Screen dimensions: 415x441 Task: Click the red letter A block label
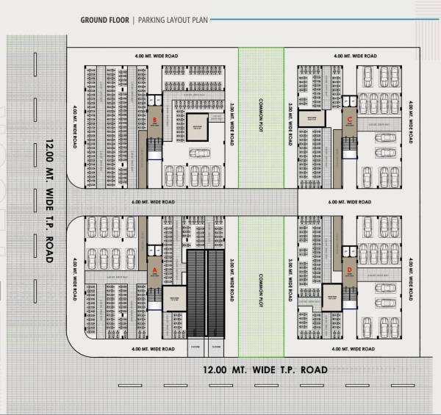[x=154, y=270]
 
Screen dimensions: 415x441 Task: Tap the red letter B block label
[x=154, y=119]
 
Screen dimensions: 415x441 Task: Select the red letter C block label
[x=350, y=119]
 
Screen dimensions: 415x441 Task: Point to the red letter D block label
[x=350, y=270]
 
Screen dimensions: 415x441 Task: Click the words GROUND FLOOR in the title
[x=104, y=20]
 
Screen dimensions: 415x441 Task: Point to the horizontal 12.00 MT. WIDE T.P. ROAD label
[x=265, y=369]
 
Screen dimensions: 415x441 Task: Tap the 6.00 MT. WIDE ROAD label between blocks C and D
[x=355, y=201]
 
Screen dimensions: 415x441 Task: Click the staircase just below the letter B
[x=154, y=150]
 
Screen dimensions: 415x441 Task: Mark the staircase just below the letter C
[x=350, y=150]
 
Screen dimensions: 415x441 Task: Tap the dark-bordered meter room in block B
[x=196, y=126]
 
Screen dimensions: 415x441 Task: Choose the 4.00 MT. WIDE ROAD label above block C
[x=355, y=56]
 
